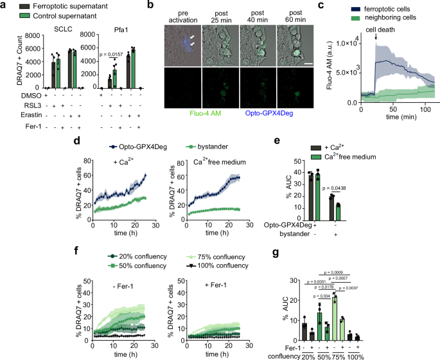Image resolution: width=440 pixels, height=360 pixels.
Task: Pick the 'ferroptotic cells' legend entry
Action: coord(385,8)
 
